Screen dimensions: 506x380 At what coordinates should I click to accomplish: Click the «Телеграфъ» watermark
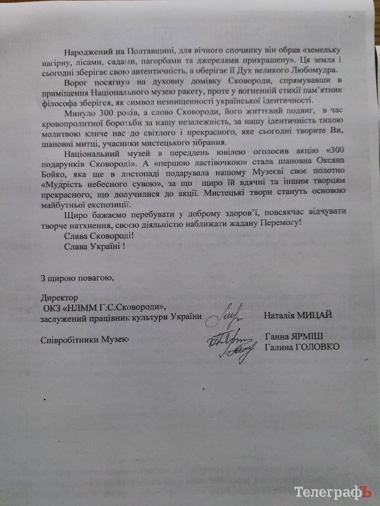[x=334, y=492]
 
